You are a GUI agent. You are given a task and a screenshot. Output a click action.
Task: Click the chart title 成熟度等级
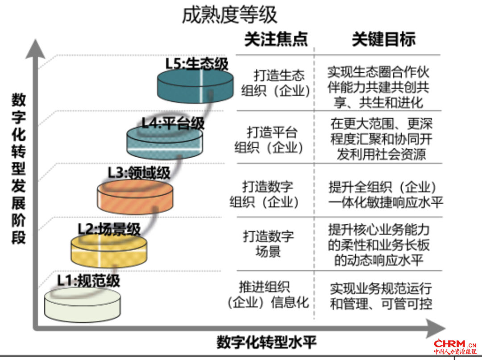[229, 15]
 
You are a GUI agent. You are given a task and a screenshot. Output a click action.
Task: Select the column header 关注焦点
[276, 39]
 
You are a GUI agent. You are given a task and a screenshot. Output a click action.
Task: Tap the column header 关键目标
[384, 39]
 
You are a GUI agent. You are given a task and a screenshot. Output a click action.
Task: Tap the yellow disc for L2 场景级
[109, 250]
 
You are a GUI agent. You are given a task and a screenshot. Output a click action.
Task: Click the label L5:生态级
[196, 63]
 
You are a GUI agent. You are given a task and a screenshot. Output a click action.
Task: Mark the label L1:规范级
[88, 280]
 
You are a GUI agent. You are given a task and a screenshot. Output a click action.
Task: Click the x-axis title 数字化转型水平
[266, 343]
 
